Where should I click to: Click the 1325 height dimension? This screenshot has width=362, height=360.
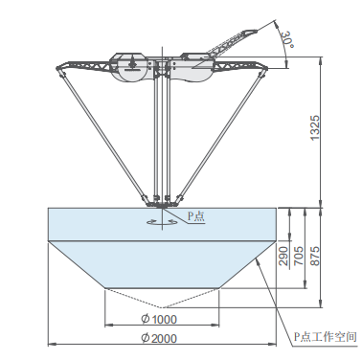point(315,127)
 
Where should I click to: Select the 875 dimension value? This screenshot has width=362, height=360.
point(315,256)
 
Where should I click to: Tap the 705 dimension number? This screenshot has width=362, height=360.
point(299,256)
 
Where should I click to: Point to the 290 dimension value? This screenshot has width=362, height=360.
point(283,256)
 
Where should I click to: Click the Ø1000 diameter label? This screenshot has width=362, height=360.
point(159,319)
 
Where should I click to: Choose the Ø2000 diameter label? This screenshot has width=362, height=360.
point(159,338)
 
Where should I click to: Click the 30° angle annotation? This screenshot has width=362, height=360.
point(287,39)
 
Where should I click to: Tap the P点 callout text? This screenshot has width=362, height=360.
point(195,216)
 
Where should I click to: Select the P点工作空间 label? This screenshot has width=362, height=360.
point(325,337)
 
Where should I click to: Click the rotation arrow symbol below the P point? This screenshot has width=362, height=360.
point(162,222)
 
